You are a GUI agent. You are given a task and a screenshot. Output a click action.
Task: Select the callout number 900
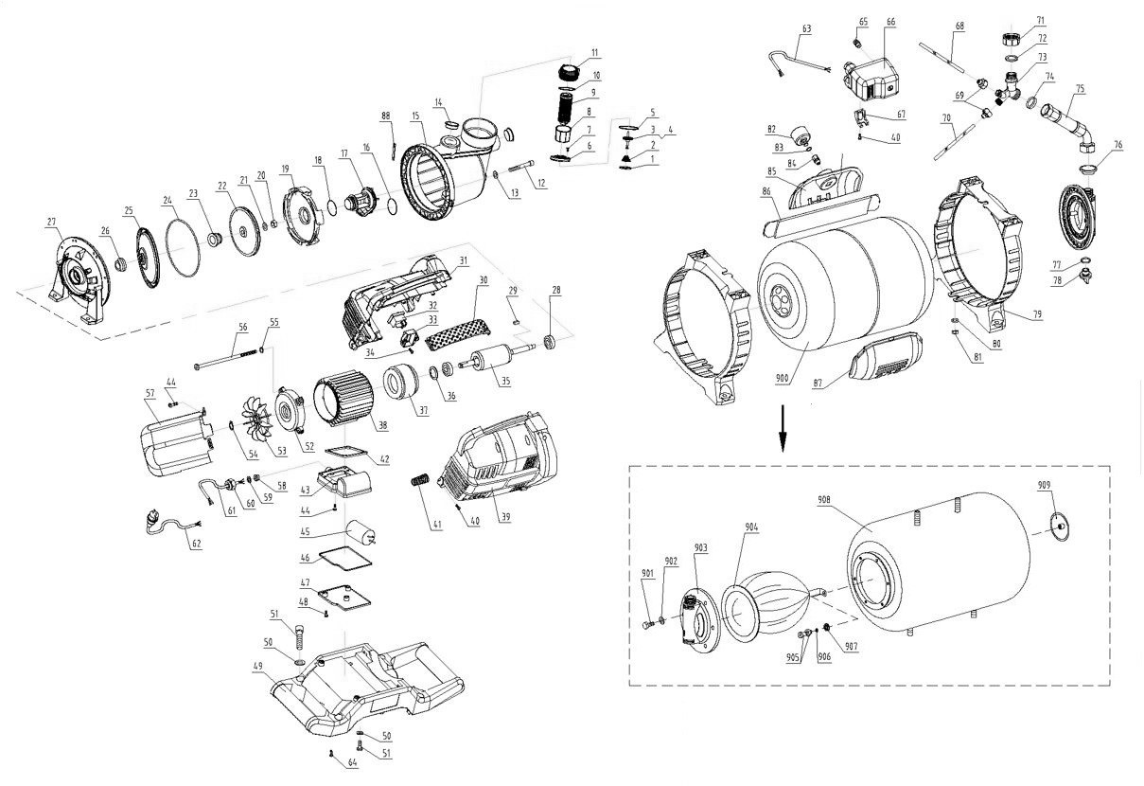[782, 378]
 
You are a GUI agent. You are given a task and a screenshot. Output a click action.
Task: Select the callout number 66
[890, 22]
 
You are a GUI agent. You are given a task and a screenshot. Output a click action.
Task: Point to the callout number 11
[594, 52]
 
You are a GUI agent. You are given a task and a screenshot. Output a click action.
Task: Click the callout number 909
[1043, 486]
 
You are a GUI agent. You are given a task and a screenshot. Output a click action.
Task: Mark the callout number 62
[196, 545]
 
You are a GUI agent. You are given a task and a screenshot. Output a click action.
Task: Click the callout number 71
[1040, 20]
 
